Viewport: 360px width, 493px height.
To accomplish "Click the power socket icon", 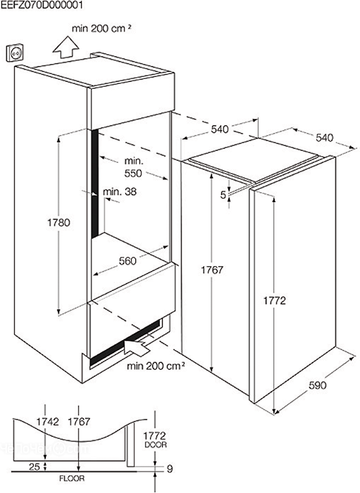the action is (x=15, y=53).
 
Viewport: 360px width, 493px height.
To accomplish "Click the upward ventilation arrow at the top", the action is (x=66, y=47).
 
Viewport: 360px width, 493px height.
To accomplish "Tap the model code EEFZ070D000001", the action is (x=42, y=6).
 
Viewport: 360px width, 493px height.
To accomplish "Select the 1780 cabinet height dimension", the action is (x=58, y=223).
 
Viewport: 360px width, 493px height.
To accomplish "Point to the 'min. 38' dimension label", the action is (x=120, y=191).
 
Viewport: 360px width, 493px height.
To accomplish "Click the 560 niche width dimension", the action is (x=128, y=261).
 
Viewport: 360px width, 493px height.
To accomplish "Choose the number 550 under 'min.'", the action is (x=133, y=173).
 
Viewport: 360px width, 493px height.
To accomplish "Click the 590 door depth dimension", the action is (x=317, y=385).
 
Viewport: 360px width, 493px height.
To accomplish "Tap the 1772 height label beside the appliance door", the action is (x=275, y=301).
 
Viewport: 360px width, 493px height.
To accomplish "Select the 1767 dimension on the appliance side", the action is (x=212, y=270).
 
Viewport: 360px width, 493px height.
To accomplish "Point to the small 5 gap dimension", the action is (x=223, y=195).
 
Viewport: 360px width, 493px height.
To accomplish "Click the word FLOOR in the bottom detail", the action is (x=72, y=478).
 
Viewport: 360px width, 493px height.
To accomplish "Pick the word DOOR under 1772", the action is (x=156, y=445).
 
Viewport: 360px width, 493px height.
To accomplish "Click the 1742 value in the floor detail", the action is (x=47, y=422).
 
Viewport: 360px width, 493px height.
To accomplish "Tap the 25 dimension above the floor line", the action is (x=35, y=467).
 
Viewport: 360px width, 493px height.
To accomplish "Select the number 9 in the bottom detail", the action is (x=170, y=469).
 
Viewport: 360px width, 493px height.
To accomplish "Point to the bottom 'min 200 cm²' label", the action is (x=156, y=366).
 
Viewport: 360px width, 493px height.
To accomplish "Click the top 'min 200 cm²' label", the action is (x=101, y=29).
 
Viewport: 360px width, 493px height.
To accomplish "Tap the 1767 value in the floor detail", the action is (x=79, y=422).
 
